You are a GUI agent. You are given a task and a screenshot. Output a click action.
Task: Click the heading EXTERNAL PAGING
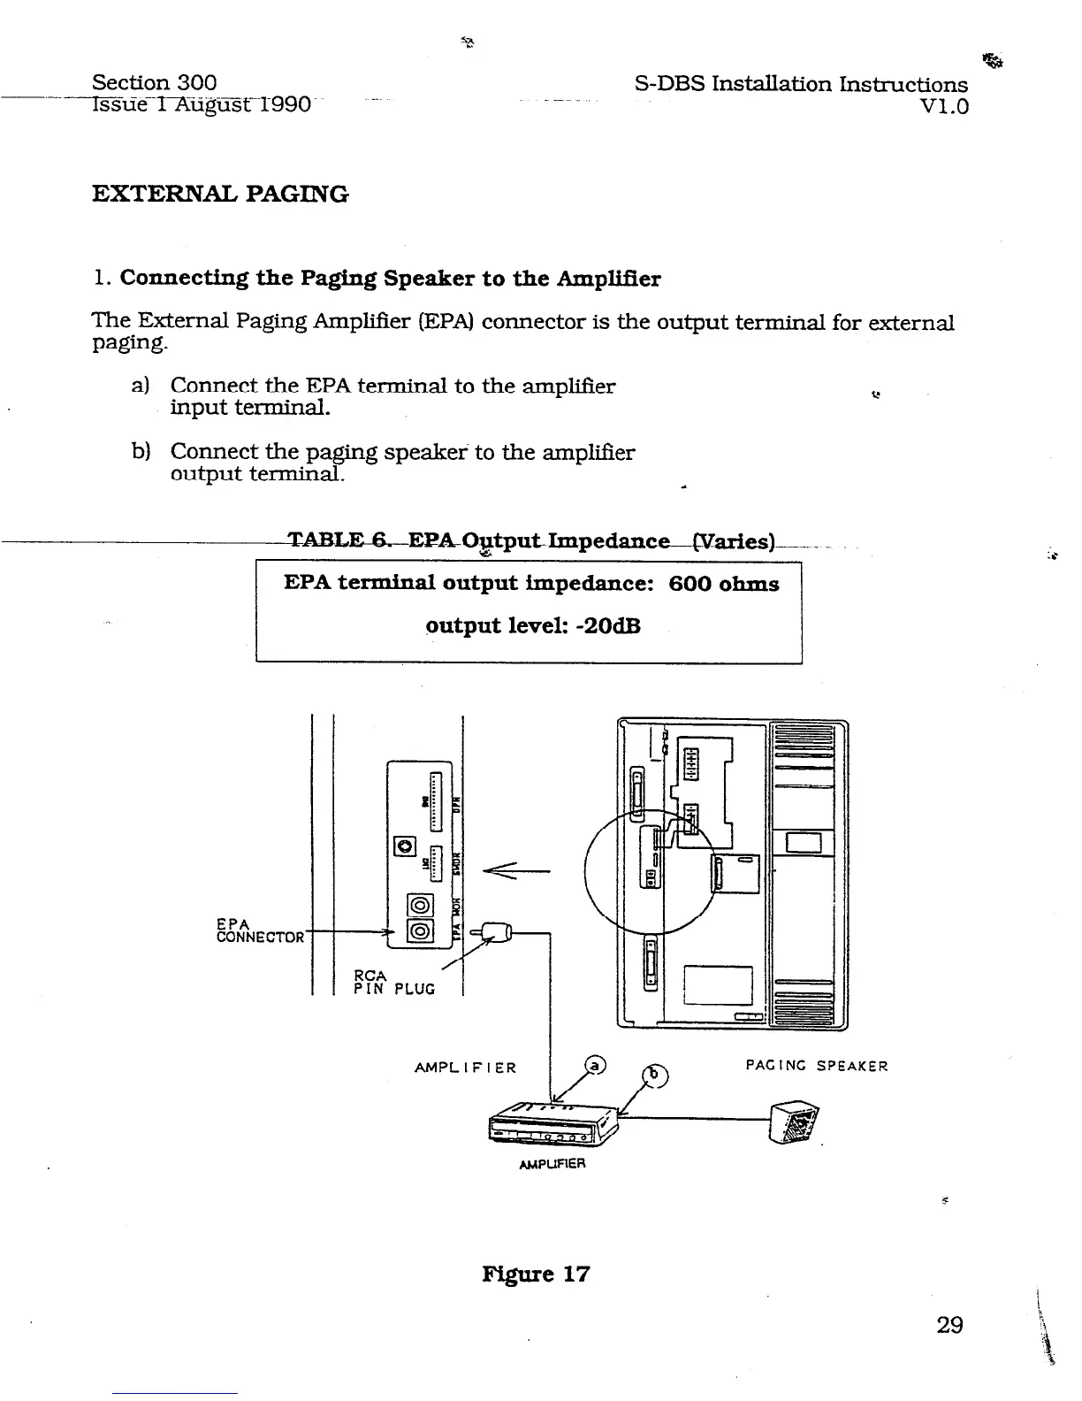click(220, 194)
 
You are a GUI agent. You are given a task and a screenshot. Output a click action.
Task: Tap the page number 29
click(949, 1325)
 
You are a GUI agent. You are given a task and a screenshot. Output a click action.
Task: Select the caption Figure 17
click(536, 1275)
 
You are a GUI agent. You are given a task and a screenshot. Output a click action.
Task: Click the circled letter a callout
click(596, 1068)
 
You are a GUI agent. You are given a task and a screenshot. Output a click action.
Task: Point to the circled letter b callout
click(655, 1076)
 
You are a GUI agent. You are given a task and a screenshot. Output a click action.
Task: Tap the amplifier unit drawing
click(551, 1126)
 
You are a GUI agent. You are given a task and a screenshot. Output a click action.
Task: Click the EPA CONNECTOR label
click(260, 930)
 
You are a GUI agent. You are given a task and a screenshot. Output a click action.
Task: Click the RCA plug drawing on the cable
click(496, 931)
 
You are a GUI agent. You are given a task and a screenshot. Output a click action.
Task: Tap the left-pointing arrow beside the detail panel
click(515, 871)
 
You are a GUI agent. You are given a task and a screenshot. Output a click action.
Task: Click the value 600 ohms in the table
click(724, 584)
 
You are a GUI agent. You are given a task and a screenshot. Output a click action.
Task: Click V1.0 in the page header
click(944, 107)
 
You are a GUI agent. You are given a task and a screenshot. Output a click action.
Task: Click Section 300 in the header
click(155, 83)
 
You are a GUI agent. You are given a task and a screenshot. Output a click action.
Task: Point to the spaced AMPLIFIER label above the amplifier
click(465, 1068)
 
